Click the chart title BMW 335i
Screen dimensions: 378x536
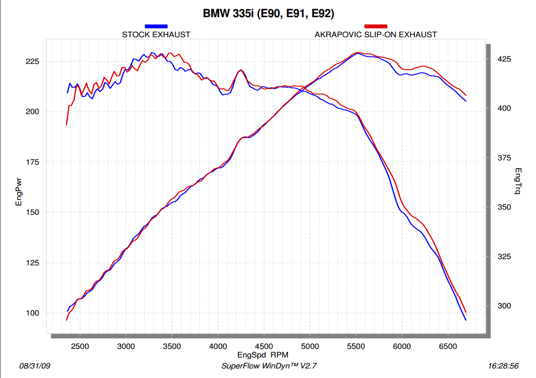click(x=268, y=14)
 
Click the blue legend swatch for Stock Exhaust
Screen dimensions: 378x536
click(x=156, y=26)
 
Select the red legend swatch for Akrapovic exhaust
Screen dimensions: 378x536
click(x=375, y=26)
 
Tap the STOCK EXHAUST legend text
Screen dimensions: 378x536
click(x=156, y=34)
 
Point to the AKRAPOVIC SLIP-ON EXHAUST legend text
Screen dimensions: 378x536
click(x=375, y=34)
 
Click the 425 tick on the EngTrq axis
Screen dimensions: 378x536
click(x=501, y=59)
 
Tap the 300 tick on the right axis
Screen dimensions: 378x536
click(x=501, y=306)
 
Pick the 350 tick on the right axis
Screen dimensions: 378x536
click(x=501, y=207)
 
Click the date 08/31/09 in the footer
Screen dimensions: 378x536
click(x=34, y=366)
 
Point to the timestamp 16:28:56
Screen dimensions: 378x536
click(x=504, y=366)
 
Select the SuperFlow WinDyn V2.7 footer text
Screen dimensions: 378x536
click(x=269, y=366)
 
